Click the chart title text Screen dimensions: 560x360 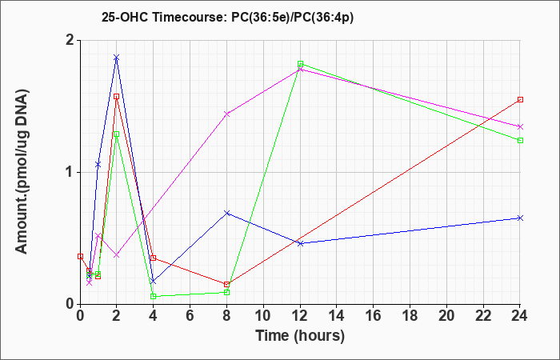227,18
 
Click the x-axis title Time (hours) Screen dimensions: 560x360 300,336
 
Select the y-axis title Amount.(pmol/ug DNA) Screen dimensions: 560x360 22,172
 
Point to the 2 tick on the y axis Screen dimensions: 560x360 70,41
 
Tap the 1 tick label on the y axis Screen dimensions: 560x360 70,173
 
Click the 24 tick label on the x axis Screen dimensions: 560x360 520,316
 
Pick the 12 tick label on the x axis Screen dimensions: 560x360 300,316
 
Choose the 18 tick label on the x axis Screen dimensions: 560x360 410,316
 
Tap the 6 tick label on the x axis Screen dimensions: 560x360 190,316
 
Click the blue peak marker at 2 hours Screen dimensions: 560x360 116,58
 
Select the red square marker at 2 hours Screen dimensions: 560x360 116,97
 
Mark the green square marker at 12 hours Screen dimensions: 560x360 300,64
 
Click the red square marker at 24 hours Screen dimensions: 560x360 520,100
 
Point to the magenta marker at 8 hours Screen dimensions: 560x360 226,114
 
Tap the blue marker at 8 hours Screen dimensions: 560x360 226,214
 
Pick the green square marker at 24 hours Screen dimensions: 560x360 520,140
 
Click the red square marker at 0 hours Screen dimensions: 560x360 80,257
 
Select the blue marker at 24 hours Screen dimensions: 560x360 520,218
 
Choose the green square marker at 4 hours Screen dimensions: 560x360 154,296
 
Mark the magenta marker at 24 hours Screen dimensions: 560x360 520,126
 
